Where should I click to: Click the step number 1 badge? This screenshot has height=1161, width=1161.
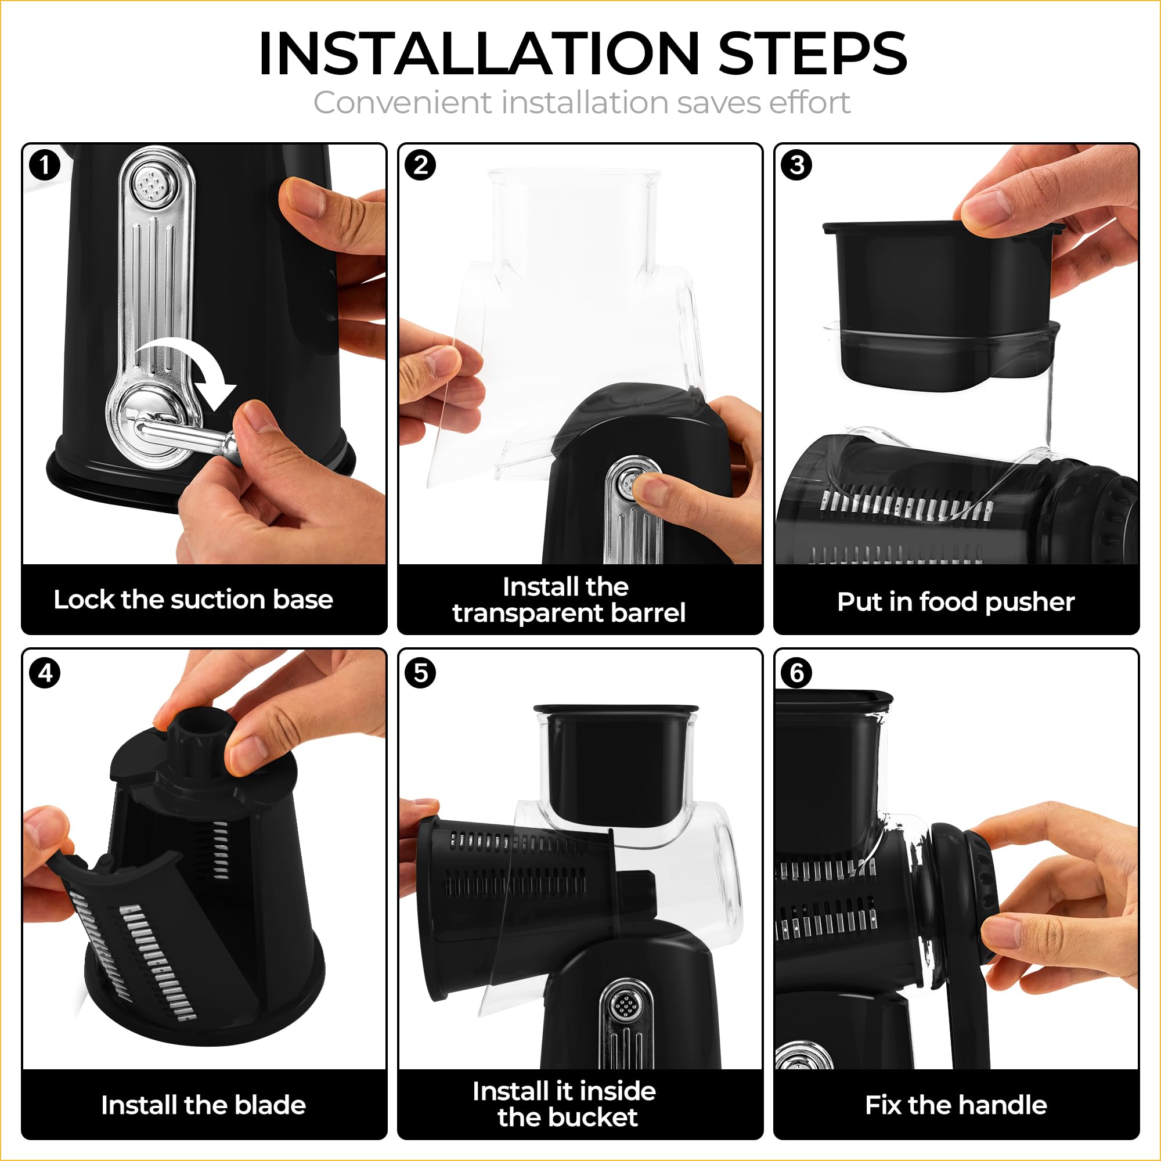[x=45, y=165]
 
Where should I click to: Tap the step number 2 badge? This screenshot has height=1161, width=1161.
[x=421, y=165]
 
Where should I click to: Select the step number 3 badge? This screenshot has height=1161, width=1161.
[x=797, y=165]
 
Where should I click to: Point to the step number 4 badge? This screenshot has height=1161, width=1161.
[x=45, y=673]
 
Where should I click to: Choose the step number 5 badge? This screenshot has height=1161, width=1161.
[x=421, y=673]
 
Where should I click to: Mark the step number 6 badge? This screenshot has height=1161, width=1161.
[x=797, y=673]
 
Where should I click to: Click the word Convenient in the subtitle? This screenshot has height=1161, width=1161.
[x=402, y=102]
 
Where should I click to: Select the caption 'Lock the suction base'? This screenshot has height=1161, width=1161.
[x=193, y=599]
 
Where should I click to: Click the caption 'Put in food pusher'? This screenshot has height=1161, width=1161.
[x=956, y=601]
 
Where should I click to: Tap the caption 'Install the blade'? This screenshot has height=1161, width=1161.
[x=203, y=1105]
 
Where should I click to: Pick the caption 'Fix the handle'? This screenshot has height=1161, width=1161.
[x=956, y=1105]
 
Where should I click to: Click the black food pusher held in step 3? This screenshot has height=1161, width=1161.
[x=940, y=304]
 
